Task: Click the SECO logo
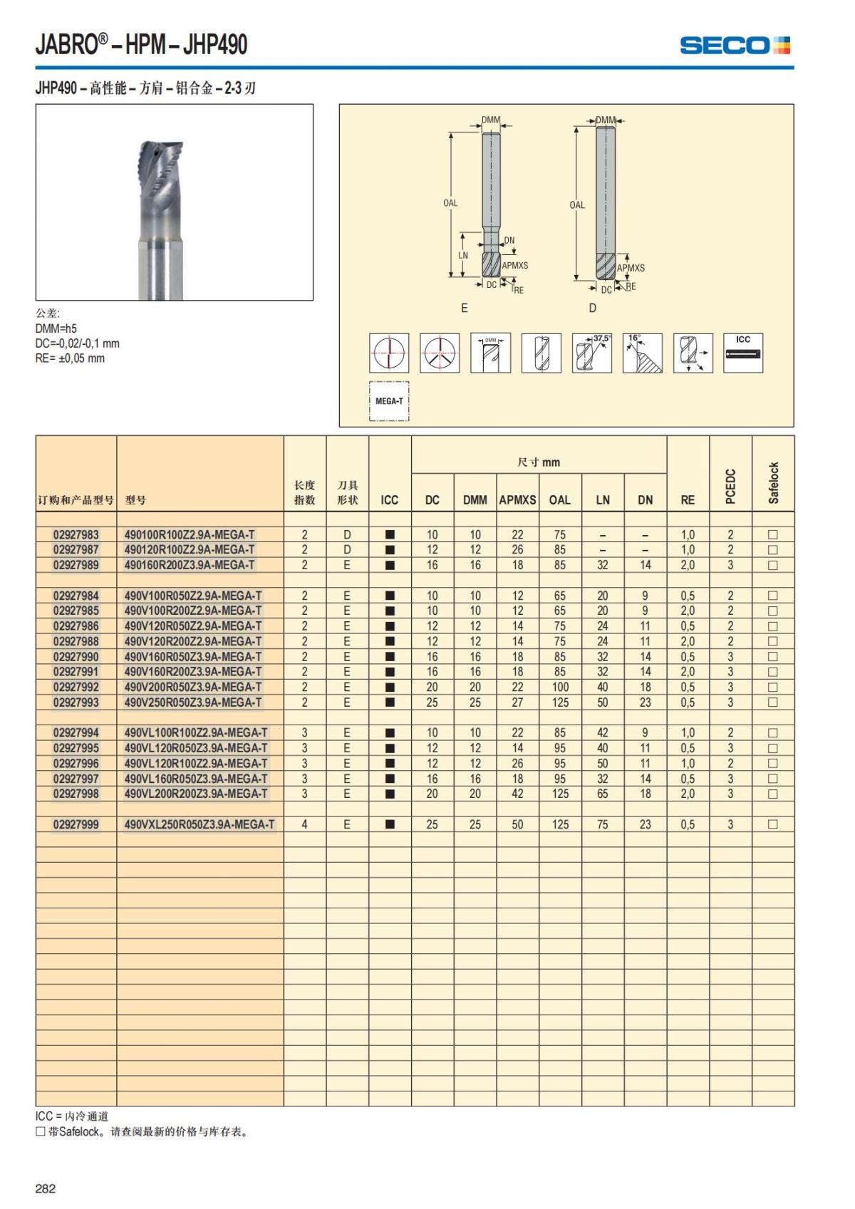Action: pos(735,46)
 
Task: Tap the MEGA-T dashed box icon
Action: pos(389,401)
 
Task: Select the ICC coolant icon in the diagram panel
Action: pos(743,353)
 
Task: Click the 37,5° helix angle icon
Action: pos(591,353)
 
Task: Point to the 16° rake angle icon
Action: pos(642,353)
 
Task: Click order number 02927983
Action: pos(76,534)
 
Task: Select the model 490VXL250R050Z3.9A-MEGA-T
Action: pos(199,824)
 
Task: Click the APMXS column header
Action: pos(517,499)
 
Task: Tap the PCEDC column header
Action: pos(730,486)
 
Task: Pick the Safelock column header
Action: pos(774,482)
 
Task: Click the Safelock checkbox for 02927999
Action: pos(773,824)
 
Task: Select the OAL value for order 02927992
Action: pos(560,687)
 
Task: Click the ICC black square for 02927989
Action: pos(390,565)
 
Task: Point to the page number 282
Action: pos(46,1188)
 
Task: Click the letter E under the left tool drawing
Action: pos(465,308)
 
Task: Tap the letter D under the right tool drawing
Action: pos(592,308)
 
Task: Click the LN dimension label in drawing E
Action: pos(463,255)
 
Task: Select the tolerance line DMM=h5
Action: pos(56,328)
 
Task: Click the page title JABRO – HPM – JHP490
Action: pos(142,45)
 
